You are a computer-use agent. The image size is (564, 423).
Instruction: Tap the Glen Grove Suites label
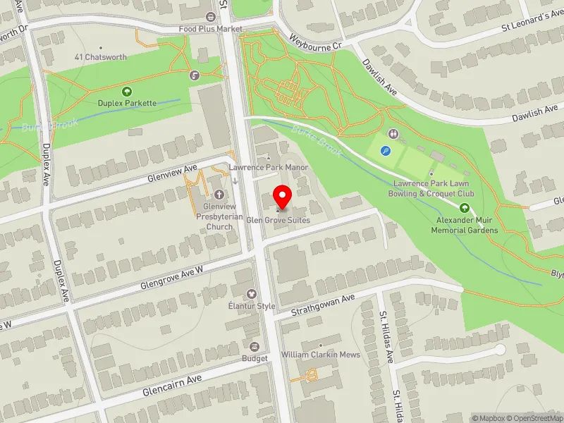(x=278, y=220)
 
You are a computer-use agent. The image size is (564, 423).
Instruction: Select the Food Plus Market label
(x=210, y=29)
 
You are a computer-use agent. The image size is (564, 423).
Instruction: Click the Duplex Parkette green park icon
(x=127, y=91)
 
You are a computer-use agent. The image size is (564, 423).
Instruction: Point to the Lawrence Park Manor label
(x=259, y=168)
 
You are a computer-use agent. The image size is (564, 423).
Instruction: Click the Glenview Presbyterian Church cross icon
(x=218, y=194)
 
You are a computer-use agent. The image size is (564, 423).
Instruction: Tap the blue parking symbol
(x=385, y=150)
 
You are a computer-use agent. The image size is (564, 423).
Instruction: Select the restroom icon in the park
(x=393, y=133)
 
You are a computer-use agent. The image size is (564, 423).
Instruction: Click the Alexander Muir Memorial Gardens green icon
(x=465, y=208)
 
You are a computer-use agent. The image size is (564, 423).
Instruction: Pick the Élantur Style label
(x=251, y=306)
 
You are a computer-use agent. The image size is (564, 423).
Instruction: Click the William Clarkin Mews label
(x=320, y=354)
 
